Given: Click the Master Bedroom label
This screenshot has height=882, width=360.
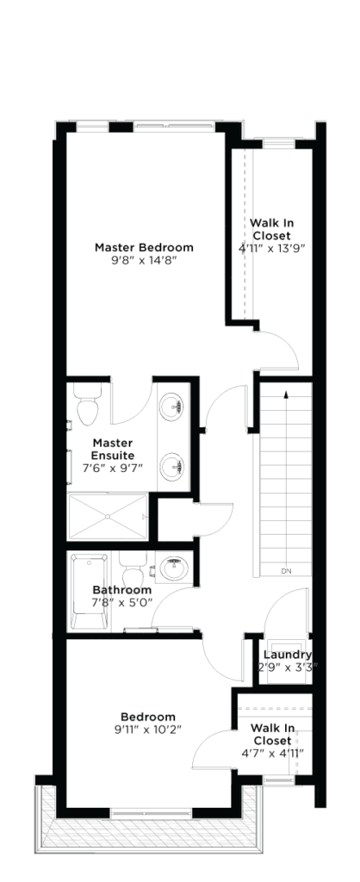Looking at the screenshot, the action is point(144,247).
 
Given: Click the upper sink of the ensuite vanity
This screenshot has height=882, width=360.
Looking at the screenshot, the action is point(171,406).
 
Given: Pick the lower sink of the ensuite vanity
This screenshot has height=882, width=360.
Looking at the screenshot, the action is point(171,466).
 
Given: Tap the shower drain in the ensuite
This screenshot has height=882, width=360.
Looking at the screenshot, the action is point(107,516).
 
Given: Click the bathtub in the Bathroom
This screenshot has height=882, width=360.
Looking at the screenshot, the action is point(89,592).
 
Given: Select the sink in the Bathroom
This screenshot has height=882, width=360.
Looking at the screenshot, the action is point(173,568).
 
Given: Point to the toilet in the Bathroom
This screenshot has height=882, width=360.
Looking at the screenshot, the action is point(133,569).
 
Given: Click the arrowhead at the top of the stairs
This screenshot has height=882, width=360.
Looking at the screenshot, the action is point(286,394).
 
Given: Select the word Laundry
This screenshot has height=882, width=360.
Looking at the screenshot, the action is point(288,655).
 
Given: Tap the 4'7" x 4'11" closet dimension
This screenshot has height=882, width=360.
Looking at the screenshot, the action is point(271,753).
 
